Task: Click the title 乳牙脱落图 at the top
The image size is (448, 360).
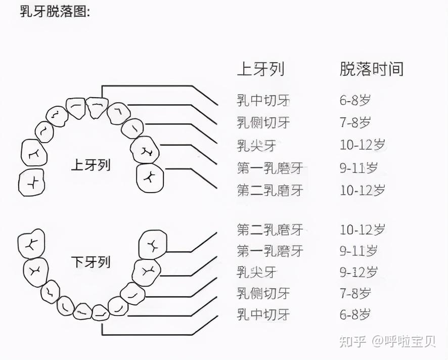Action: tap(55, 11)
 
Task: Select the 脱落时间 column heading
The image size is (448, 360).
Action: tap(372, 69)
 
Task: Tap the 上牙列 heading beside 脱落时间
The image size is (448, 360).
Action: tap(260, 69)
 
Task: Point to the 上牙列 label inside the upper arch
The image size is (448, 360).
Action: tap(91, 165)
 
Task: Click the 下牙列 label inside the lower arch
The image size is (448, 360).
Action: tap(91, 262)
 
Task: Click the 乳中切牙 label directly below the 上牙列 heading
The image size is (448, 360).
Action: tap(263, 100)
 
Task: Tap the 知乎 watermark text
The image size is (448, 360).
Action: tap(351, 342)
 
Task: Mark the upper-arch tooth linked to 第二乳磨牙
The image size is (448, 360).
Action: tap(150, 177)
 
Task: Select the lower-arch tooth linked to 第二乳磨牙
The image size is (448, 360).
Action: tap(153, 246)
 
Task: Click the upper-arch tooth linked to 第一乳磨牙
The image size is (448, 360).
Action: tap(145, 149)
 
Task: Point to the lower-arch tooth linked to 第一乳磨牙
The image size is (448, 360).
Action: tap(146, 272)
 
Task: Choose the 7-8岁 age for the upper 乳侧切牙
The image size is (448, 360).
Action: tap(355, 122)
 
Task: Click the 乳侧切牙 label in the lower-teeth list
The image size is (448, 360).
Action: tap(263, 293)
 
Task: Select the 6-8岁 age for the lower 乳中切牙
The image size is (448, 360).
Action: tap(355, 314)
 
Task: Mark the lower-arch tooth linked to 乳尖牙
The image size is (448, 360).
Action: tap(132, 293)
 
